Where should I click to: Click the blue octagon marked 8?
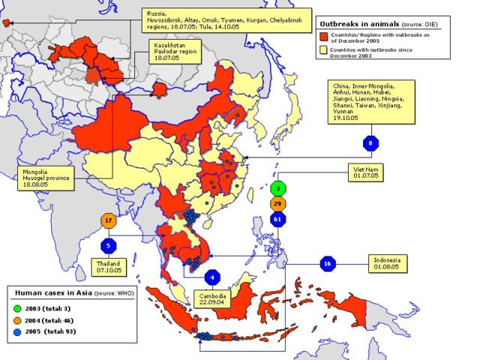(x=370, y=142)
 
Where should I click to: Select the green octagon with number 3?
(x=278, y=189)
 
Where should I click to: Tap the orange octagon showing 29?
(x=278, y=204)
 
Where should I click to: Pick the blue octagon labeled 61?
(x=278, y=220)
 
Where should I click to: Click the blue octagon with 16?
(x=326, y=264)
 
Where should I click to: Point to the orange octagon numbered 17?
(x=109, y=221)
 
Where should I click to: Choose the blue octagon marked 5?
(x=109, y=245)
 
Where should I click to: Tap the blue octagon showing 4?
(x=212, y=277)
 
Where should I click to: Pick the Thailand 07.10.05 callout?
(x=109, y=266)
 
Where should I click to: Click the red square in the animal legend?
(x=325, y=36)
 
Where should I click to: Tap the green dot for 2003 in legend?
(x=16, y=308)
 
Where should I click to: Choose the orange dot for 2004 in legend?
(x=16, y=319)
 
